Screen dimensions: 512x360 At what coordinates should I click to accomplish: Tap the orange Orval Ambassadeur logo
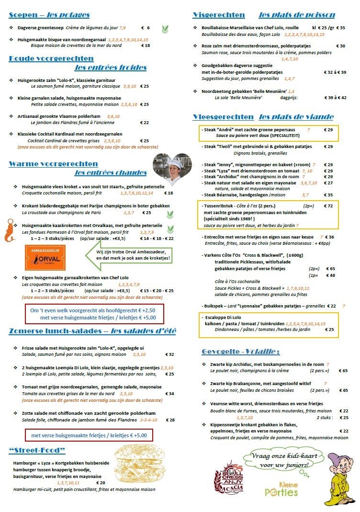click(x=45, y=258)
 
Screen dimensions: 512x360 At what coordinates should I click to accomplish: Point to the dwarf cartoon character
click(x=340, y=479)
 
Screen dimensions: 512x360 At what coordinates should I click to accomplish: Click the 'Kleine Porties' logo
click(x=281, y=489)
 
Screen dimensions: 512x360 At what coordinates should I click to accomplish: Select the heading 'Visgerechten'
click(x=219, y=15)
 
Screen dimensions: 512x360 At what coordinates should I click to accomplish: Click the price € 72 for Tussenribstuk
click(x=328, y=205)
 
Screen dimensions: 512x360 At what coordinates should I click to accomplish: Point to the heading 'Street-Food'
click(x=37, y=450)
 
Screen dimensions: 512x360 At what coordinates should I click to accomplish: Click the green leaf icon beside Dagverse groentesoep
click(x=165, y=28)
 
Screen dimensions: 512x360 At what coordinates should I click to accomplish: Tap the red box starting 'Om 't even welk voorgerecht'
click(x=95, y=314)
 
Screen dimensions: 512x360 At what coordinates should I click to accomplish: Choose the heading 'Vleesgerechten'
click(x=223, y=117)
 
